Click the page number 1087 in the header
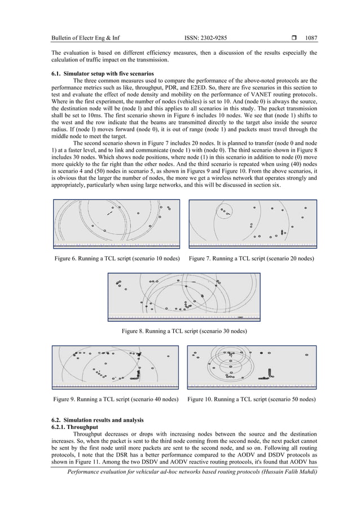[311, 39]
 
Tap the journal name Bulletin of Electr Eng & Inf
[85, 39]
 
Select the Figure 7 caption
[252, 258]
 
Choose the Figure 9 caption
[116, 399]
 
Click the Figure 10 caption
[251, 399]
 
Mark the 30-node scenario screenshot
[184, 296]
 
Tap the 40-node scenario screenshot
[116, 367]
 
